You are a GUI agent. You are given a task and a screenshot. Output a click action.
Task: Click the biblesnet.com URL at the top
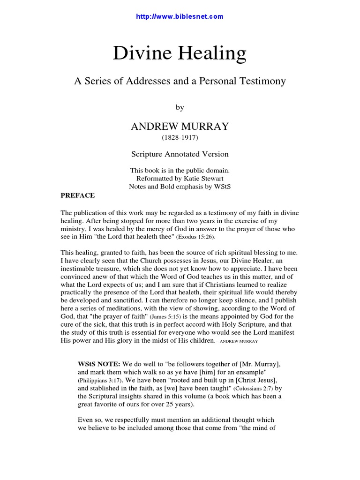180,16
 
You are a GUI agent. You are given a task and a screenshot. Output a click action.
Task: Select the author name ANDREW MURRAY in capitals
180,127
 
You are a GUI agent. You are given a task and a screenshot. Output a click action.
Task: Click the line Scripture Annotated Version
180,154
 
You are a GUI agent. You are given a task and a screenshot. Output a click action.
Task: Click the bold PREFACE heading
78,195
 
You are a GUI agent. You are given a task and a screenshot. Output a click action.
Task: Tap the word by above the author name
180,107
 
